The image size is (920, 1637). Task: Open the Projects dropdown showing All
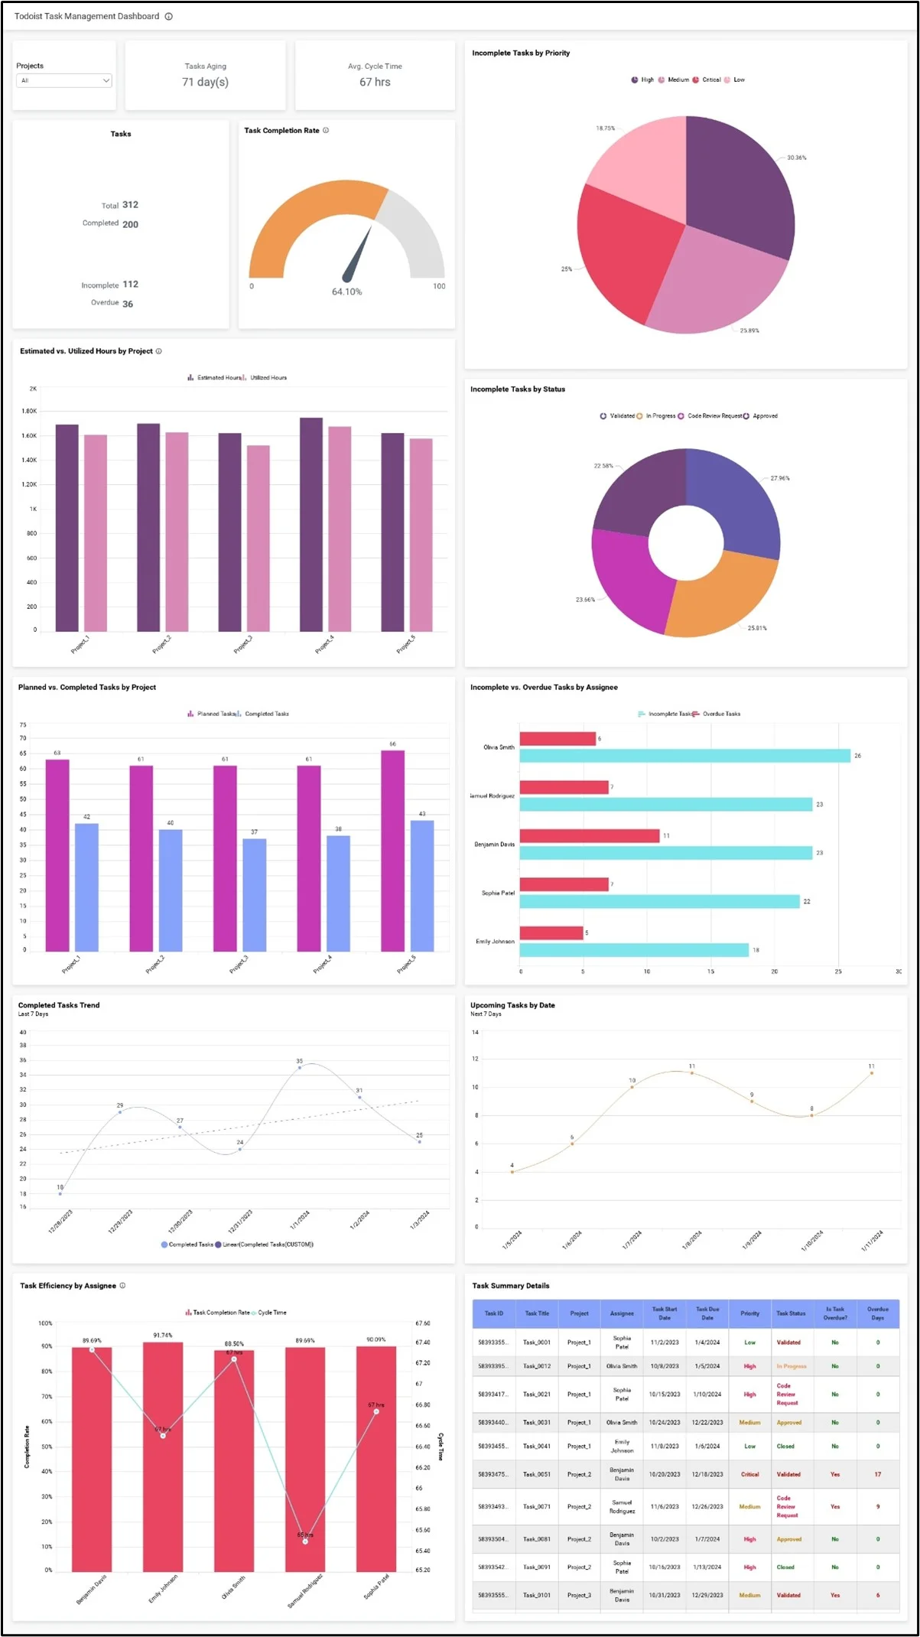pos(64,80)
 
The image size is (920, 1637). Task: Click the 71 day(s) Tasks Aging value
pos(205,82)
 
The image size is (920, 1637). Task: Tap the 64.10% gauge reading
pos(346,291)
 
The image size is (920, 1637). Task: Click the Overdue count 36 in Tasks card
pos(128,304)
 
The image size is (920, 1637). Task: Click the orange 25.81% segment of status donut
pos(719,597)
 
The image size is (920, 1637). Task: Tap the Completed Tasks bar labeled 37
pos(255,894)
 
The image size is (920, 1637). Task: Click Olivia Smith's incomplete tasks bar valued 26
pos(684,756)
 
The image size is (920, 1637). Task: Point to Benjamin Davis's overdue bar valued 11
pos(589,835)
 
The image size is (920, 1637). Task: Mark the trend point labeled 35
pos(300,1067)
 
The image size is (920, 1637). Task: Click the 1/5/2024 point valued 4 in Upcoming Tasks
pos(512,1172)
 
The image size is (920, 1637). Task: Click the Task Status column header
pos(791,1313)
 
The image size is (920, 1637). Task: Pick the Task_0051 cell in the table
pos(537,1474)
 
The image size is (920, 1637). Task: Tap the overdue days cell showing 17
pos(877,1474)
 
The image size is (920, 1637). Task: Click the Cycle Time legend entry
pos(271,1313)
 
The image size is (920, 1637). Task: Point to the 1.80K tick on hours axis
pos(29,412)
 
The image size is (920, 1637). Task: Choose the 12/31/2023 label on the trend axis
pos(240,1221)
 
